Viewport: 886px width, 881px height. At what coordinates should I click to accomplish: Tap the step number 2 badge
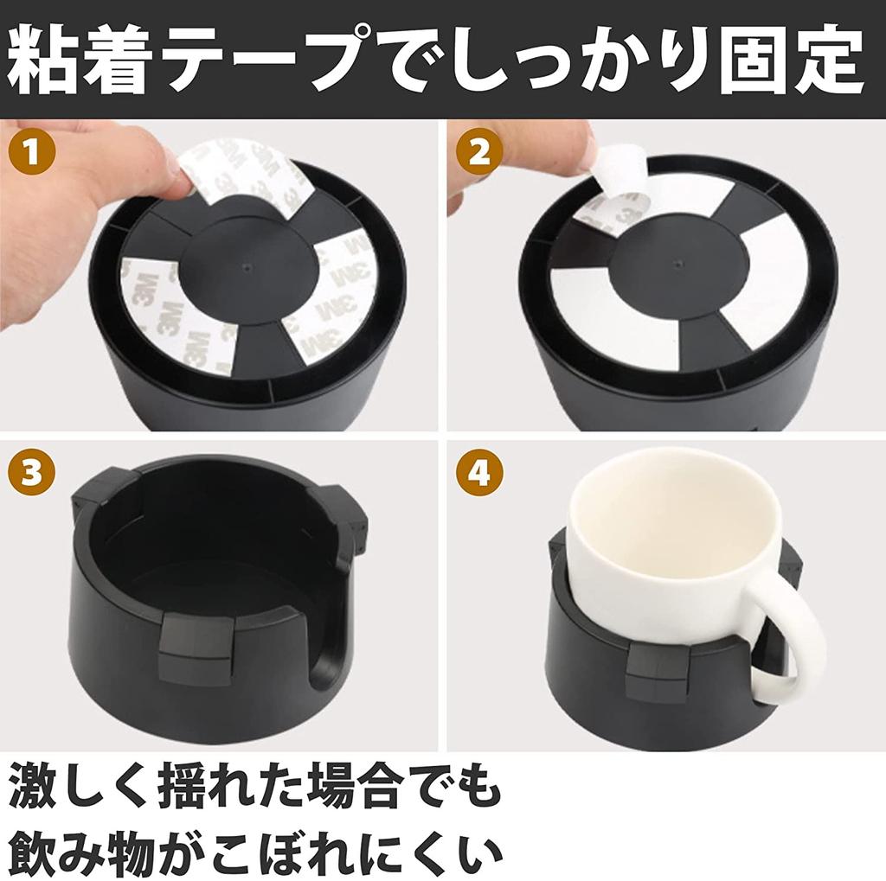[x=474, y=153]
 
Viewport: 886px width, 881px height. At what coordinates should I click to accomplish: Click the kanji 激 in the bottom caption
[x=36, y=788]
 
